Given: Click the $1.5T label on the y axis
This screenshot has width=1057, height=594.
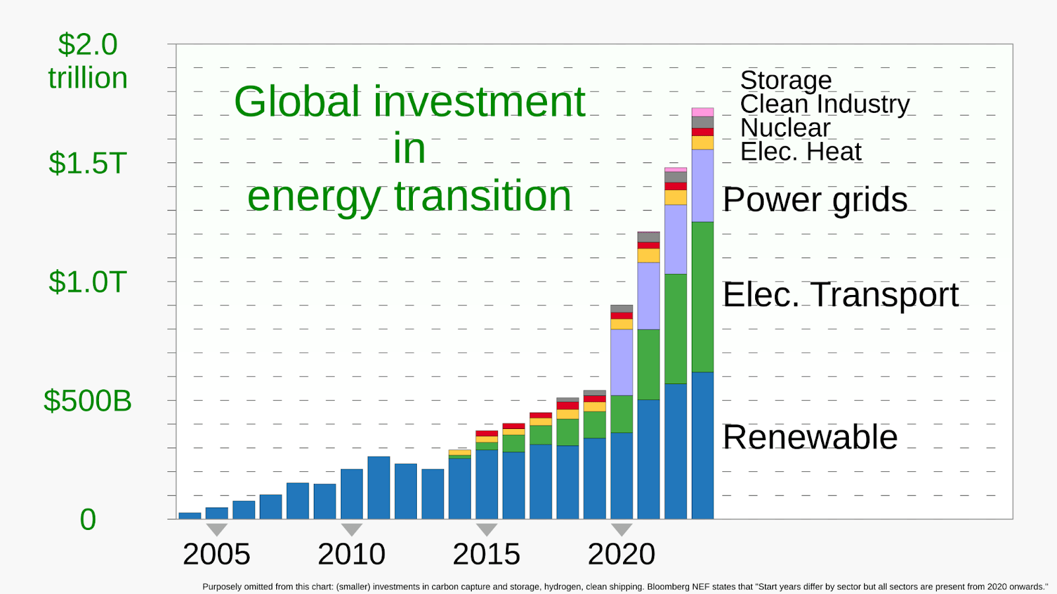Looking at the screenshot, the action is pyautogui.click(x=88, y=164).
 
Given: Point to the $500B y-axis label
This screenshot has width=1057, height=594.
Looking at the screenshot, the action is pyautogui.click(x=88, y=401).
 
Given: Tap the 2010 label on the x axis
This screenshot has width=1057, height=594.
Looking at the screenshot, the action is pyautogui.click(x=351, y=554).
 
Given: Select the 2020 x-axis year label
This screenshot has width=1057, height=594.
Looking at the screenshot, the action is pyautogui.click(x=622, y=554).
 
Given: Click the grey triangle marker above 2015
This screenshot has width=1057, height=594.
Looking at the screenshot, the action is pyautogui.click(x=486, y=529).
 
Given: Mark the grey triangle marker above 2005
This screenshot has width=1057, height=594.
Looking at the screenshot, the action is pyautogui.click(x=217, y=529).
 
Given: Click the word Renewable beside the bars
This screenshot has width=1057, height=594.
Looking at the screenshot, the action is pyautogui.click(x=810, y=437).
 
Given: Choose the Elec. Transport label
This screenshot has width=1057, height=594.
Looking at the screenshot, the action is pyautogui.click(x=840, y=294).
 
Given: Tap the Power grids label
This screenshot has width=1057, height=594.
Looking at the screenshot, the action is pyautogui.click(x=815, y=200).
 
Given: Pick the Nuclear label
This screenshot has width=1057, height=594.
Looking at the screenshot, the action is pyautogui.click(x=785, y=128).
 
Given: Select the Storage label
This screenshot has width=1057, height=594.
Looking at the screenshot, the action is pyautogui.click(x=785, y=80).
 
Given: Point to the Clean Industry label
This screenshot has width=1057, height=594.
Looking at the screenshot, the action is pyautogui.click(x=825, y=104).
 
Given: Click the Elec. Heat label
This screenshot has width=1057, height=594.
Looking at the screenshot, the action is pyautogui.click(x=801, y=152).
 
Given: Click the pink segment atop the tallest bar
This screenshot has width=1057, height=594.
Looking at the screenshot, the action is pyautogui.click(x=703, y=112).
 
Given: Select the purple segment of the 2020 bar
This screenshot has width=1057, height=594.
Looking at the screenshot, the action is pyautogui.click(x=622, y=362).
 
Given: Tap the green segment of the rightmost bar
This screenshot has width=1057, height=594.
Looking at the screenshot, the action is pyautogui.click(x=703, y=297).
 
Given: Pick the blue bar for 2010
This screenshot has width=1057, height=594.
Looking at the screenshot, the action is pyautogui.click(x=351, y=494).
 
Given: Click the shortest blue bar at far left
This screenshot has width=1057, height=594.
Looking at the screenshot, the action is pyautogui.click(x=190, y=515).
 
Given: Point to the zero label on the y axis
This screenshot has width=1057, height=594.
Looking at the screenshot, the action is pyautogui.click(x=88, y=519).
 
